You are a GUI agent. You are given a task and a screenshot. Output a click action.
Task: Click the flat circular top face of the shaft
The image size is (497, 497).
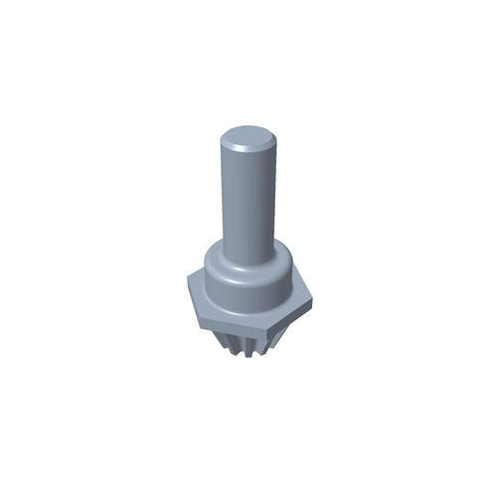tap(248, 138)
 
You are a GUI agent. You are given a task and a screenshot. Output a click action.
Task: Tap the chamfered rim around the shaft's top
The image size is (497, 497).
tap(248, 151)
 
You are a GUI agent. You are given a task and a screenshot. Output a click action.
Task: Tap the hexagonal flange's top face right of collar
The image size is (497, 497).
tap(299, 288)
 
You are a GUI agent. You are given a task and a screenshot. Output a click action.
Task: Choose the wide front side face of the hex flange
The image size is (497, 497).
tap(248, 326)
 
